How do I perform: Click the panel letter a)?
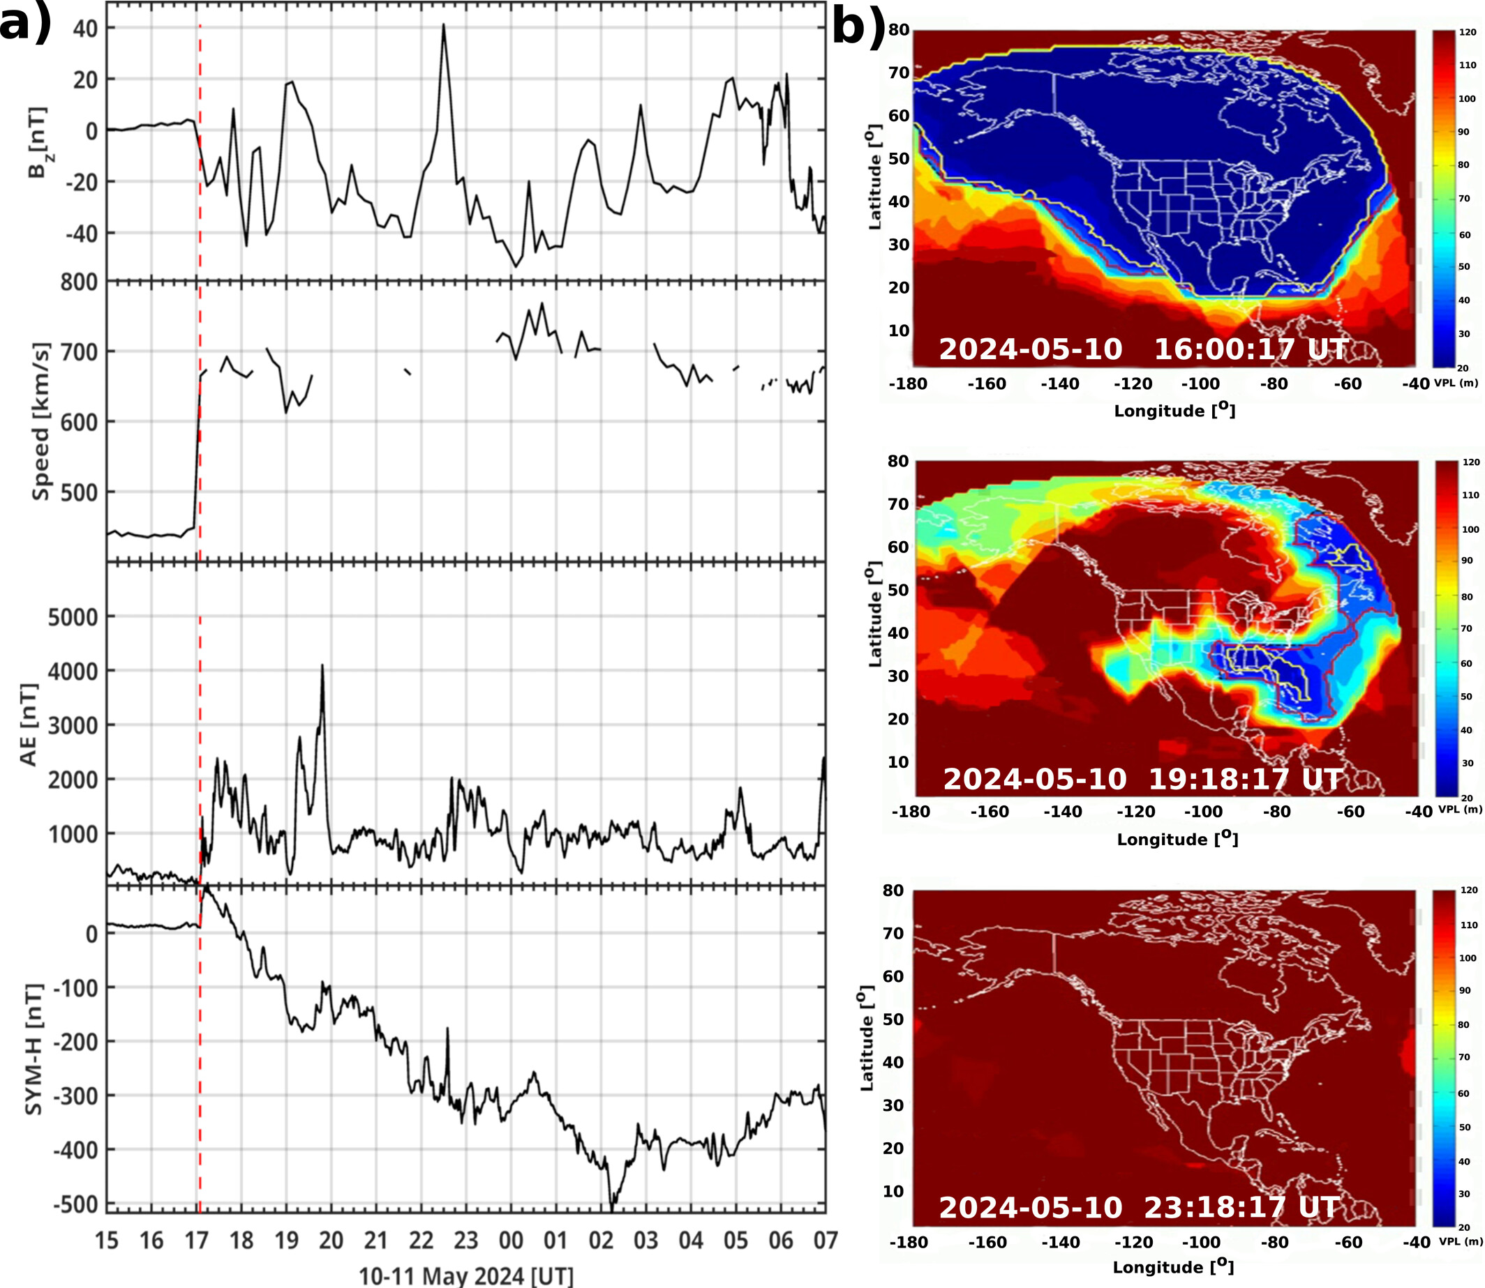(25, 25)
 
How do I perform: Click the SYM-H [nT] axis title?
(32, 1049)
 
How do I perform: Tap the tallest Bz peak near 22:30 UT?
(444, 25)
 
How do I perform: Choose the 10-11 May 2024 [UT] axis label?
(466, 1275)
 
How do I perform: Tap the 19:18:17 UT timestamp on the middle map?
(1245, 778)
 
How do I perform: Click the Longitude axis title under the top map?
(1174, 411)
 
